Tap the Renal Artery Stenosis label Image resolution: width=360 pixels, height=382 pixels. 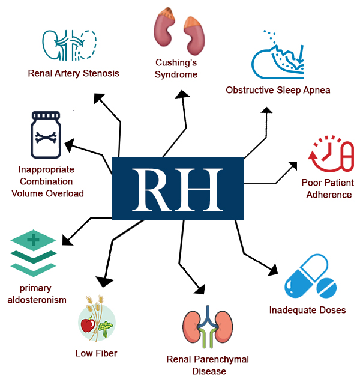[x=73, y=73]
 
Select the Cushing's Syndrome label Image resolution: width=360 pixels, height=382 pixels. [x=176, y=69]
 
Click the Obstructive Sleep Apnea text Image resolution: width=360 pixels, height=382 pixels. [x=278, y=90]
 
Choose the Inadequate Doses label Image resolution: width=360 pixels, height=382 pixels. [x=307, y=310]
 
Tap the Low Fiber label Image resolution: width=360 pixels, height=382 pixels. [x=96, y=353]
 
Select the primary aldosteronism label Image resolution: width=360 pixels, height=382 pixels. [x=37, y=293]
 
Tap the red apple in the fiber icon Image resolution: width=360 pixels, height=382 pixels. [x=86, y=325]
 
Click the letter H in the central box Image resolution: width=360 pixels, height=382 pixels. [x=202, y=189]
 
